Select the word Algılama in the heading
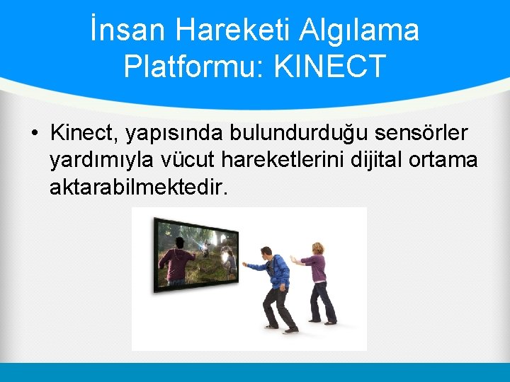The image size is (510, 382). (x=360, y=30)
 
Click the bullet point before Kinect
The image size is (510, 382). (x=34, y=133)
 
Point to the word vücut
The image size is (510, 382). (x=193, y=161)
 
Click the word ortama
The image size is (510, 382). (x=445, y=161)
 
